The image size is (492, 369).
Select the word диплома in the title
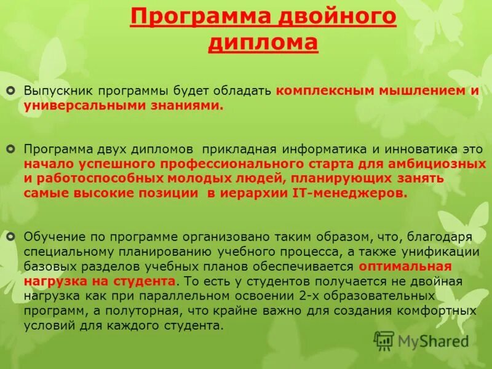[x=263, y=43]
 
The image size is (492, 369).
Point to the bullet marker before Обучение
[x=10, y=236]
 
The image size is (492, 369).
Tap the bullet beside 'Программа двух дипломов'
[x=10, y=149]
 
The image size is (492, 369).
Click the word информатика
[x=320, y=149]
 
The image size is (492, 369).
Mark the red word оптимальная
[x=405, y=266]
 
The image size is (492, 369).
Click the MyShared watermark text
[x=433, y=341]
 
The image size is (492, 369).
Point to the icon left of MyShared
[x=384, y=340]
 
